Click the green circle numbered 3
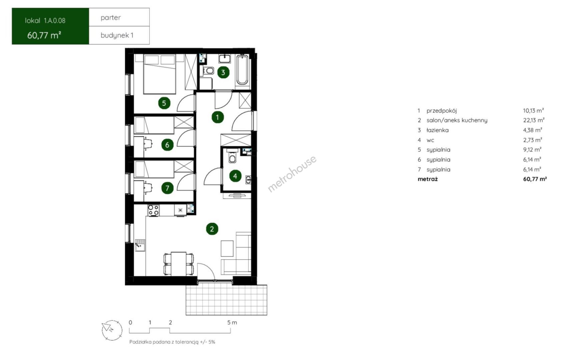click(223, 72)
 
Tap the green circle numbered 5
click(164, 103)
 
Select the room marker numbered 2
click(212, 229)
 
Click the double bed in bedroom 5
click(159, 74)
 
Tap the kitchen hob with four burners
click(153, 210)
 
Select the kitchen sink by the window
click(140, 245)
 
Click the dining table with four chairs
click(178, 264)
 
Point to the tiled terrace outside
click(226, 300)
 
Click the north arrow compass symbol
click(112, 330)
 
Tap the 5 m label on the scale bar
click(232, 322)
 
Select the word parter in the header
click(111, 18)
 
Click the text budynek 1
click(117, 35)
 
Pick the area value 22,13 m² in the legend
click(534, 120)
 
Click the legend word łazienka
click(438, 130)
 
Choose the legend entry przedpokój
click(442, 111)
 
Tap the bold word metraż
click(428, 179)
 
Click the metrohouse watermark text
click(292, 174)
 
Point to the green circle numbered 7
click(167, 188)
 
